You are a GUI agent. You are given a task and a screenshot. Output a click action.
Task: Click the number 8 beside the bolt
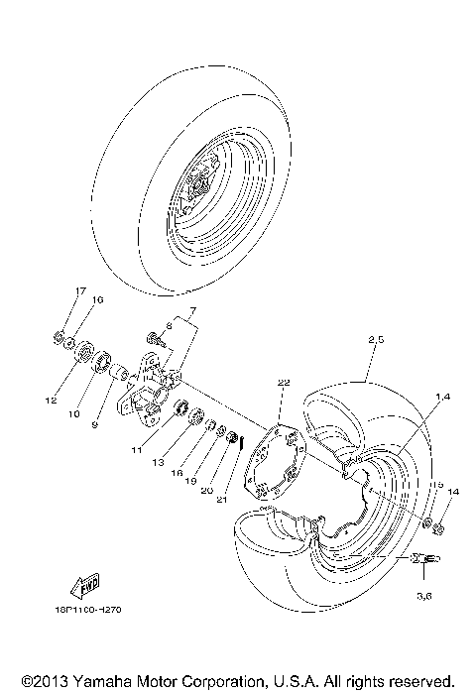[169, 324]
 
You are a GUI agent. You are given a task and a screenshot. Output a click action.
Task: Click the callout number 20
[208, 490]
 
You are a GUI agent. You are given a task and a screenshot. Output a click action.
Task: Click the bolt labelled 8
[153, 339]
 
